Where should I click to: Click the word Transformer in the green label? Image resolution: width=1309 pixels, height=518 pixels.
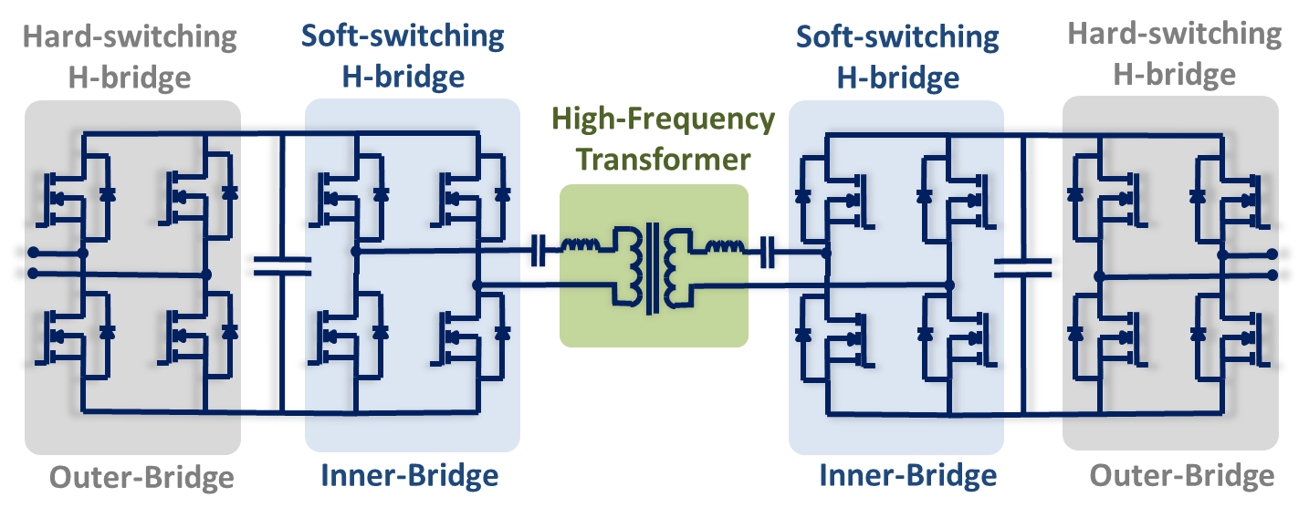click(665, 160)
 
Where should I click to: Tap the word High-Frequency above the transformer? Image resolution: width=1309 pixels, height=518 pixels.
click(665, 119)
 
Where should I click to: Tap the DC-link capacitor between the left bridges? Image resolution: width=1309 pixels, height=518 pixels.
click(281, 265)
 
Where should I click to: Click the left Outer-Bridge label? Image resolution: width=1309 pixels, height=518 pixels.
click(141, 478)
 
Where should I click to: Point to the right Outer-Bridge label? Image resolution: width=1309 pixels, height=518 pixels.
click(1182, 476)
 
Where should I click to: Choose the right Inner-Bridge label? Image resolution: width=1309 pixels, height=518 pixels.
click(907, 476)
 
